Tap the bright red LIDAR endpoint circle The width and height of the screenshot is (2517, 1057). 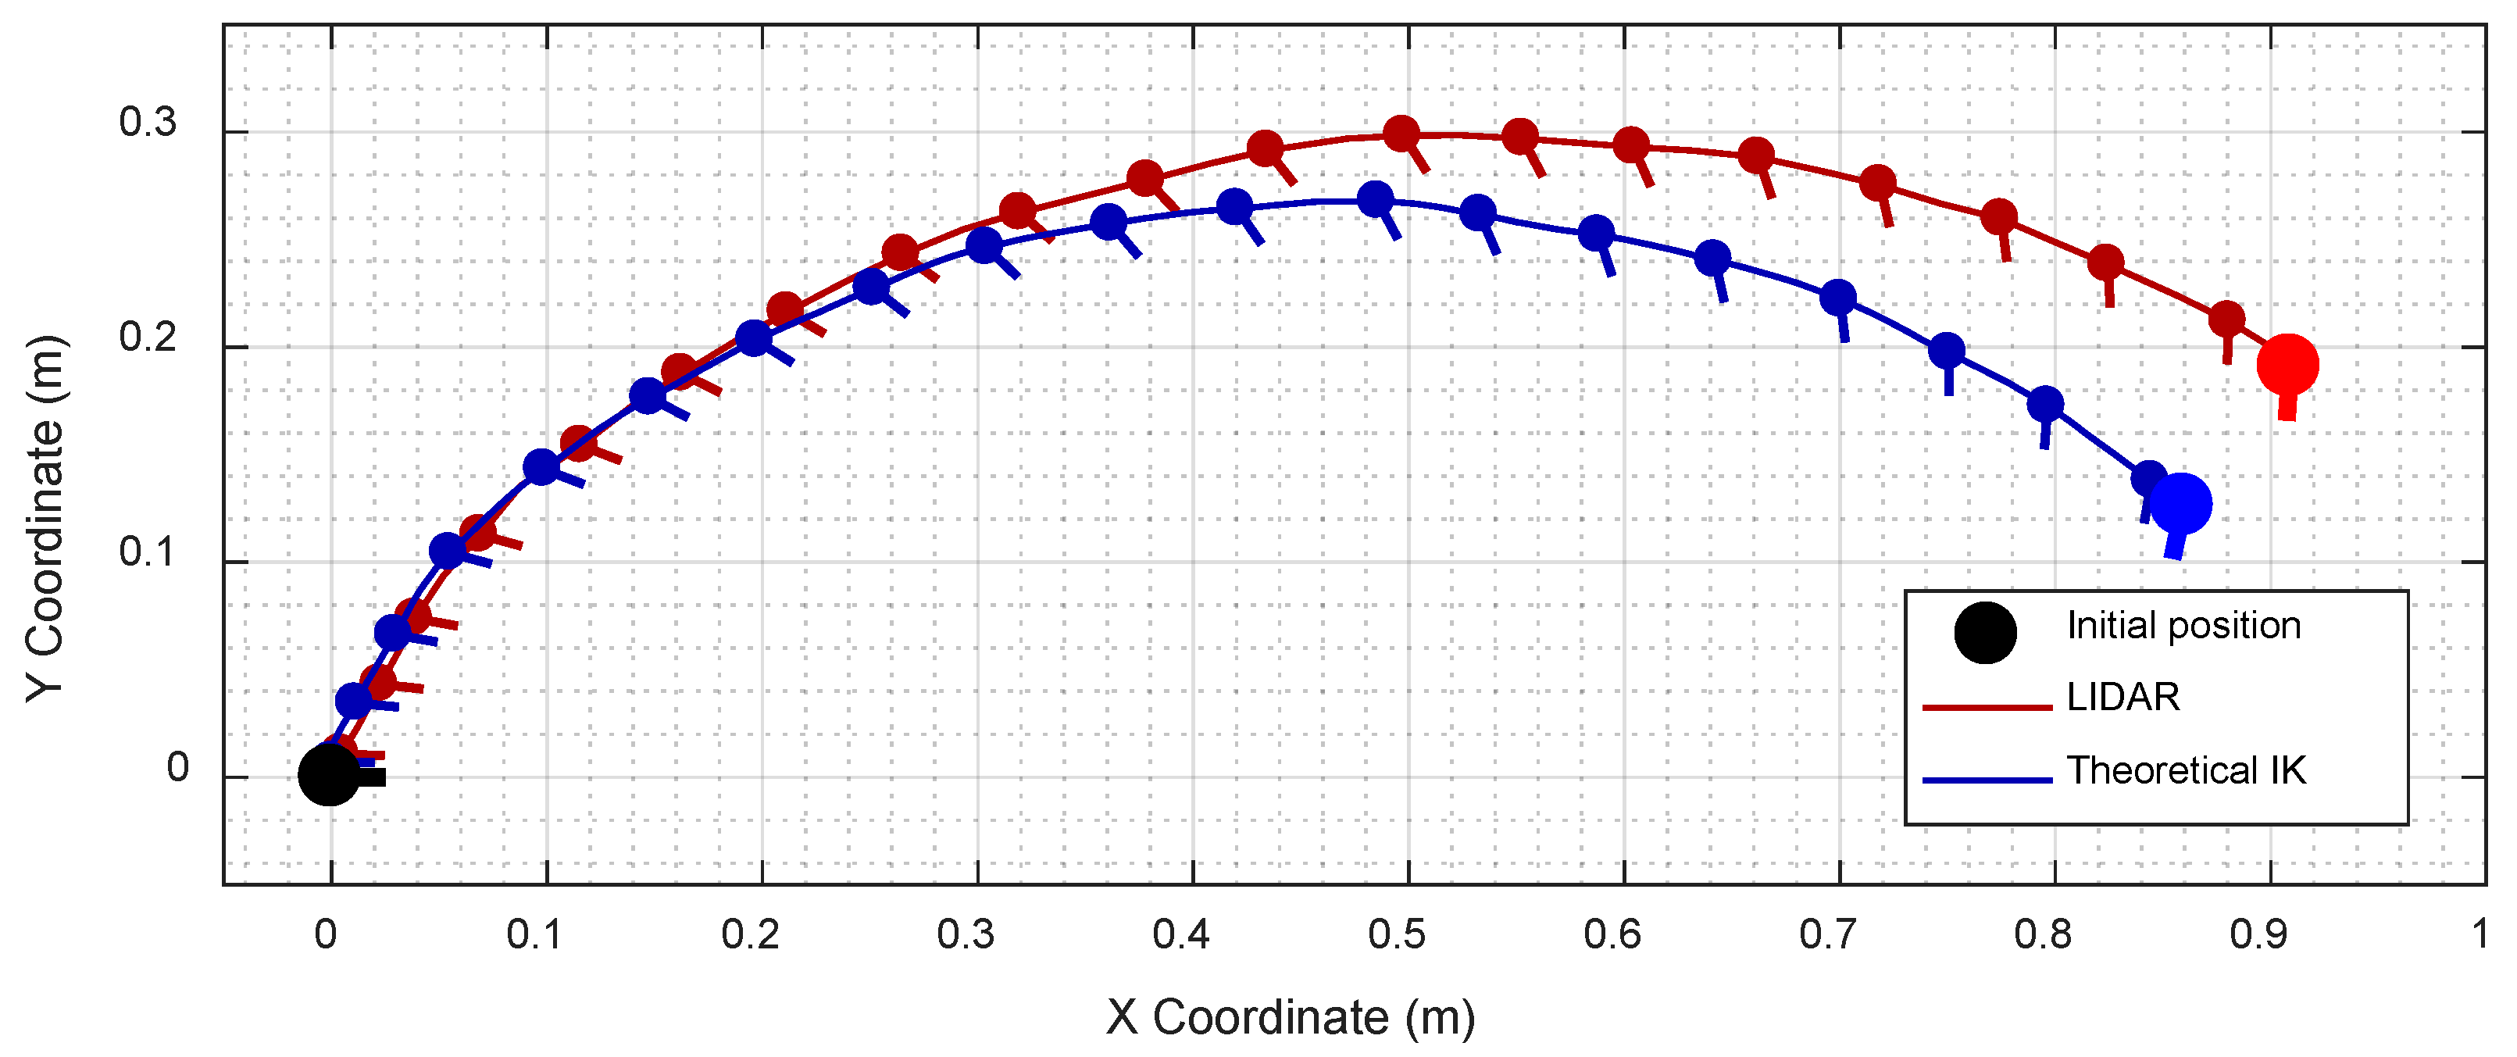click(x=2287, y=364)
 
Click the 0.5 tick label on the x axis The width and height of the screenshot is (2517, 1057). click(x=1396, y=935)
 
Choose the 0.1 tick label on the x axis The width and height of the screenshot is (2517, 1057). click(x=534, y=935)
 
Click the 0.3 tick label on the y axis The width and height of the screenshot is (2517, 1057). click(x=148, y=122)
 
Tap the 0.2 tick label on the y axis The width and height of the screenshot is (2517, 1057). click(x=148, y=337)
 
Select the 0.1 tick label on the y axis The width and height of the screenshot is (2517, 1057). click(x=148, y=553)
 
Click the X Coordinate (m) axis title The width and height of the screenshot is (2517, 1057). click(x=1291, y=1017)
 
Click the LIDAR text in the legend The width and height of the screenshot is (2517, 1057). click(x=2123, y=698)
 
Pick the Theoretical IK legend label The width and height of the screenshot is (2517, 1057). click(x=2186, y=771)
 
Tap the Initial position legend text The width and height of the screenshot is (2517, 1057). click(x=2183, y=625)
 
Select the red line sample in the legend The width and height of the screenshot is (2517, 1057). click(x=1987, y=706)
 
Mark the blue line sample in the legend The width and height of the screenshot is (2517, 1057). click(x=1987, y=780)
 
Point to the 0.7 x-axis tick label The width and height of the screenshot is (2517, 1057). click(x=1827, y=935)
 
